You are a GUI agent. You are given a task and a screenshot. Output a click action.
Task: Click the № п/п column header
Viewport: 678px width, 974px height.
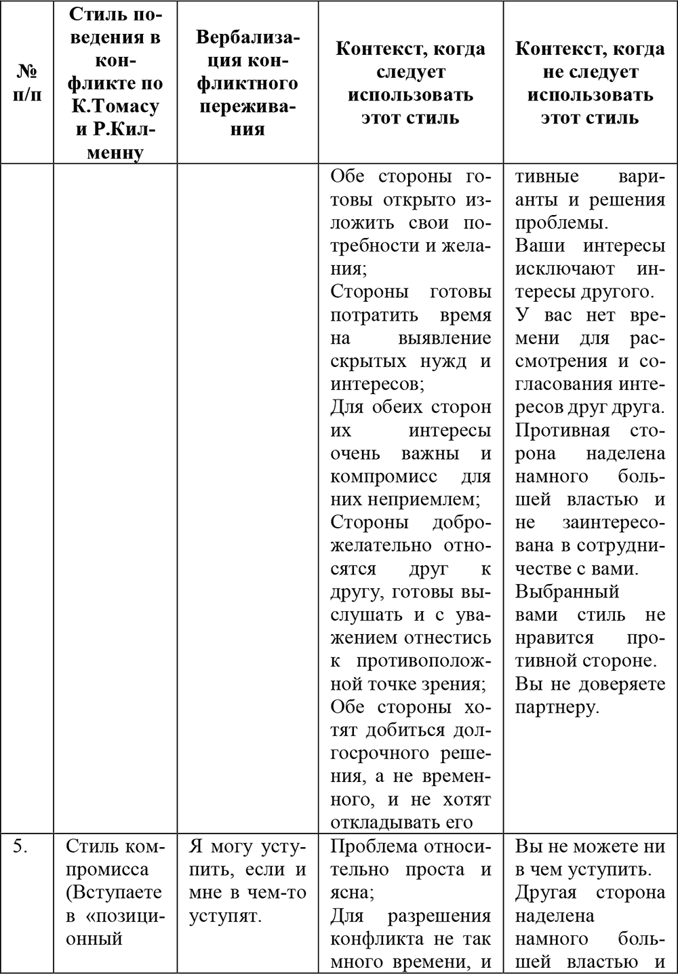pos(26,82)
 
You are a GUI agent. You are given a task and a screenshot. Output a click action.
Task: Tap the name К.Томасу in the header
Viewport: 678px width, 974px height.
pos(115,106)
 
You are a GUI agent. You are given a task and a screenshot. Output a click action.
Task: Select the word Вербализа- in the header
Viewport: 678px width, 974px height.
pos(247,37)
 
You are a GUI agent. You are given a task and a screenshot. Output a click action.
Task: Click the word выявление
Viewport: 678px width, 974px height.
pos(444,338)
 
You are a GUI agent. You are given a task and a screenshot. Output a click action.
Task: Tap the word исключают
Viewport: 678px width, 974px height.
pos(565,269)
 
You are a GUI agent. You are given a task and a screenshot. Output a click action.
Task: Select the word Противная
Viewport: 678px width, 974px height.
pos(562,430)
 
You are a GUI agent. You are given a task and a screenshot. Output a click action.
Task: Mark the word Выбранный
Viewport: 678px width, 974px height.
pos(567,591)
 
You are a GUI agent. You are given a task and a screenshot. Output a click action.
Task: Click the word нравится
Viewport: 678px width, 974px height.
pos(554,638)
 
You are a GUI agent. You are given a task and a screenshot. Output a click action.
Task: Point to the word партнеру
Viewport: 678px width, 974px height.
pos(556,707)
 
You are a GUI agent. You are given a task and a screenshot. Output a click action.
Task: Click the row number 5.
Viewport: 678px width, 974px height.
pos(21,846)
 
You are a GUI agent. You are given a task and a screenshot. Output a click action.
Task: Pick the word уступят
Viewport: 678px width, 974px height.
pos(224,916)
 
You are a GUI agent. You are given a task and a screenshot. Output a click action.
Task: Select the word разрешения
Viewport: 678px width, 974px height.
pos(439,916)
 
